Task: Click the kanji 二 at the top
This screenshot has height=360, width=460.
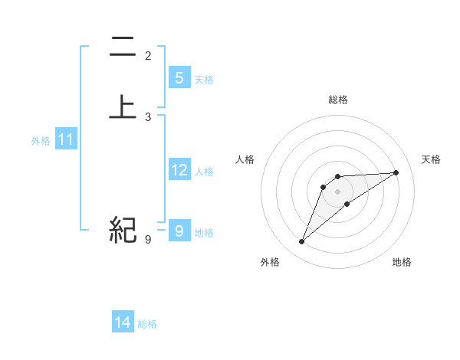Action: tap(123, 47)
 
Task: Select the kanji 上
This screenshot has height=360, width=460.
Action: tap(123, 106)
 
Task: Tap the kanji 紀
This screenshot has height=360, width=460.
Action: tap(123, 230)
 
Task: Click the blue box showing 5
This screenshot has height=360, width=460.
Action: tap(179, 77)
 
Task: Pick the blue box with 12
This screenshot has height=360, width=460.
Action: tap(179, 170)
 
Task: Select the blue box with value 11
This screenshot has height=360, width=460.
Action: tap(66, 140)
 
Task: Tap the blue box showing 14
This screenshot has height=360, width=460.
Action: tap(123, 322)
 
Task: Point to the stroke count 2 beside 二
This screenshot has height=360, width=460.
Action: tap(148, 55)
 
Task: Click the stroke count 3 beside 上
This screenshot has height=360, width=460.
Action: tap(148, 117)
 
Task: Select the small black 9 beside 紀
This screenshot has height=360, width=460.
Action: tap(148, 240)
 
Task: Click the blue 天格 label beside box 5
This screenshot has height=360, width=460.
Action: tap(204, 79)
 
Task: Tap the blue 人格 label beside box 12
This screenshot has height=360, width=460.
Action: tap(204, 172)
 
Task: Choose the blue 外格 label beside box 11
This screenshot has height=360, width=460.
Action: tap(41, 141)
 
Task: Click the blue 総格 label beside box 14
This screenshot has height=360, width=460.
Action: tap(147, 324)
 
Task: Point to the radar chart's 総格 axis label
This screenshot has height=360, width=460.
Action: tap(338, 100)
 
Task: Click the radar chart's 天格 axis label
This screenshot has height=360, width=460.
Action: tap(431, 159)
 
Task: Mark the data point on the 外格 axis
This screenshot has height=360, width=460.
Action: tap(302, 242)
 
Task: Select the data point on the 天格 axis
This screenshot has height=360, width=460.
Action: tap(396, 172)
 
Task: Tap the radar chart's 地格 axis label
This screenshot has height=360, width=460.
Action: tap(402, 263)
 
